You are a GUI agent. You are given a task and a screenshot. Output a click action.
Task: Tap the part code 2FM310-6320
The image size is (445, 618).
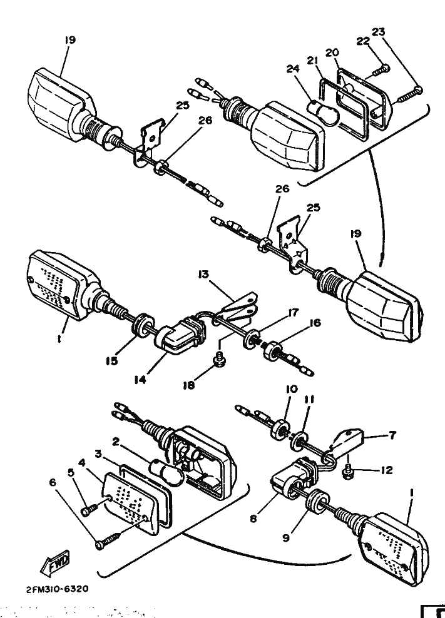click(57, 589)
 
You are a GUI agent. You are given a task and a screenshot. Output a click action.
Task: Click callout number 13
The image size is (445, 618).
click(204, 274)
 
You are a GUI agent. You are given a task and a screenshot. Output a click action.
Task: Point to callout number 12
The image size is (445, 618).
click(386, 470)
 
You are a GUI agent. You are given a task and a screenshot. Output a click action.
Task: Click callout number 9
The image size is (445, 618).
click(285, 536)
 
